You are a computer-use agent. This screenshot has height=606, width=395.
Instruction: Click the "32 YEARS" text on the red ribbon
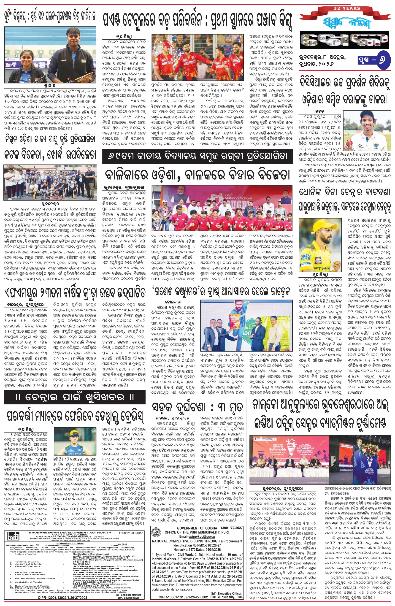[x=347, y=8]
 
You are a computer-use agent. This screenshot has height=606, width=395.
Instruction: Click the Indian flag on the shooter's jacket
[x=83, y=61]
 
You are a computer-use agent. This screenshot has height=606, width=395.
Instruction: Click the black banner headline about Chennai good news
[x=74, y=398]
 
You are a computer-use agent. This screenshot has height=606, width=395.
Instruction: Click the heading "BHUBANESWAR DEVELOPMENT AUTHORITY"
[x=70, y=532]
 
